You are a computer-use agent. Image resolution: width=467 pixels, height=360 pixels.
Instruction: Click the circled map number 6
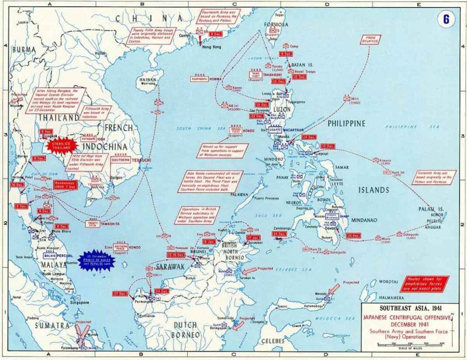click(x=446, y=19)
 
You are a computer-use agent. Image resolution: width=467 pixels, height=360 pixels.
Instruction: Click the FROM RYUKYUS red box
click(x=371, y=40)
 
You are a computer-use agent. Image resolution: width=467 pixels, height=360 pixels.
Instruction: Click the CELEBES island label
click(x=272, y=341)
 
